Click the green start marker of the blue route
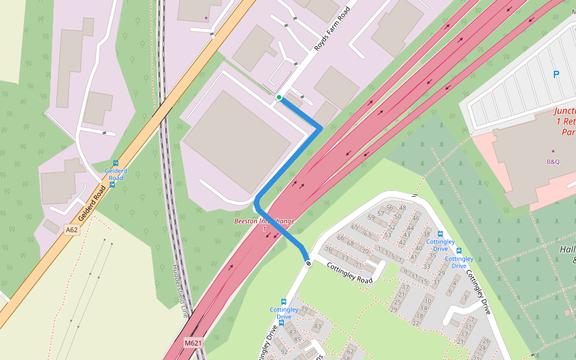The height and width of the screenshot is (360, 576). click(x=279, y=97)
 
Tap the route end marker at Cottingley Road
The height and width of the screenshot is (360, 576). click(x=308, y=263)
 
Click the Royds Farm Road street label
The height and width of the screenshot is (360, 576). click(x=332, y=28)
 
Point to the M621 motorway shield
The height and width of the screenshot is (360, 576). click(x=193, y=343)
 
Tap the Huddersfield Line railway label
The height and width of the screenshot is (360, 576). click(x=181, y=291)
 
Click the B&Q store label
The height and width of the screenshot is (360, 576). click(x=553, y=161)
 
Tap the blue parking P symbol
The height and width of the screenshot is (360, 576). click(x=556, y=74)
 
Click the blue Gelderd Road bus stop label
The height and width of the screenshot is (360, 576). click(x=114, y=174)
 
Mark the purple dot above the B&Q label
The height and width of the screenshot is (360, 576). click(x=553, y=151)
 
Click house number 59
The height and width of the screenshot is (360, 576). click(x=371, y=217)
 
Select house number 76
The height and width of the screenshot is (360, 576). click(x=328, y=250)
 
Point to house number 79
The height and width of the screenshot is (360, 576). click(x=304, y=310)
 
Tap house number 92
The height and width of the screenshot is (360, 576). click(x=284, y=352)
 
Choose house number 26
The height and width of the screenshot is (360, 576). click(x=486, y=341)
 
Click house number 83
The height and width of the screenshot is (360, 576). click(x=317, y=326)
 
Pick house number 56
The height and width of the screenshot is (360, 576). click(x=389, y=208)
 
